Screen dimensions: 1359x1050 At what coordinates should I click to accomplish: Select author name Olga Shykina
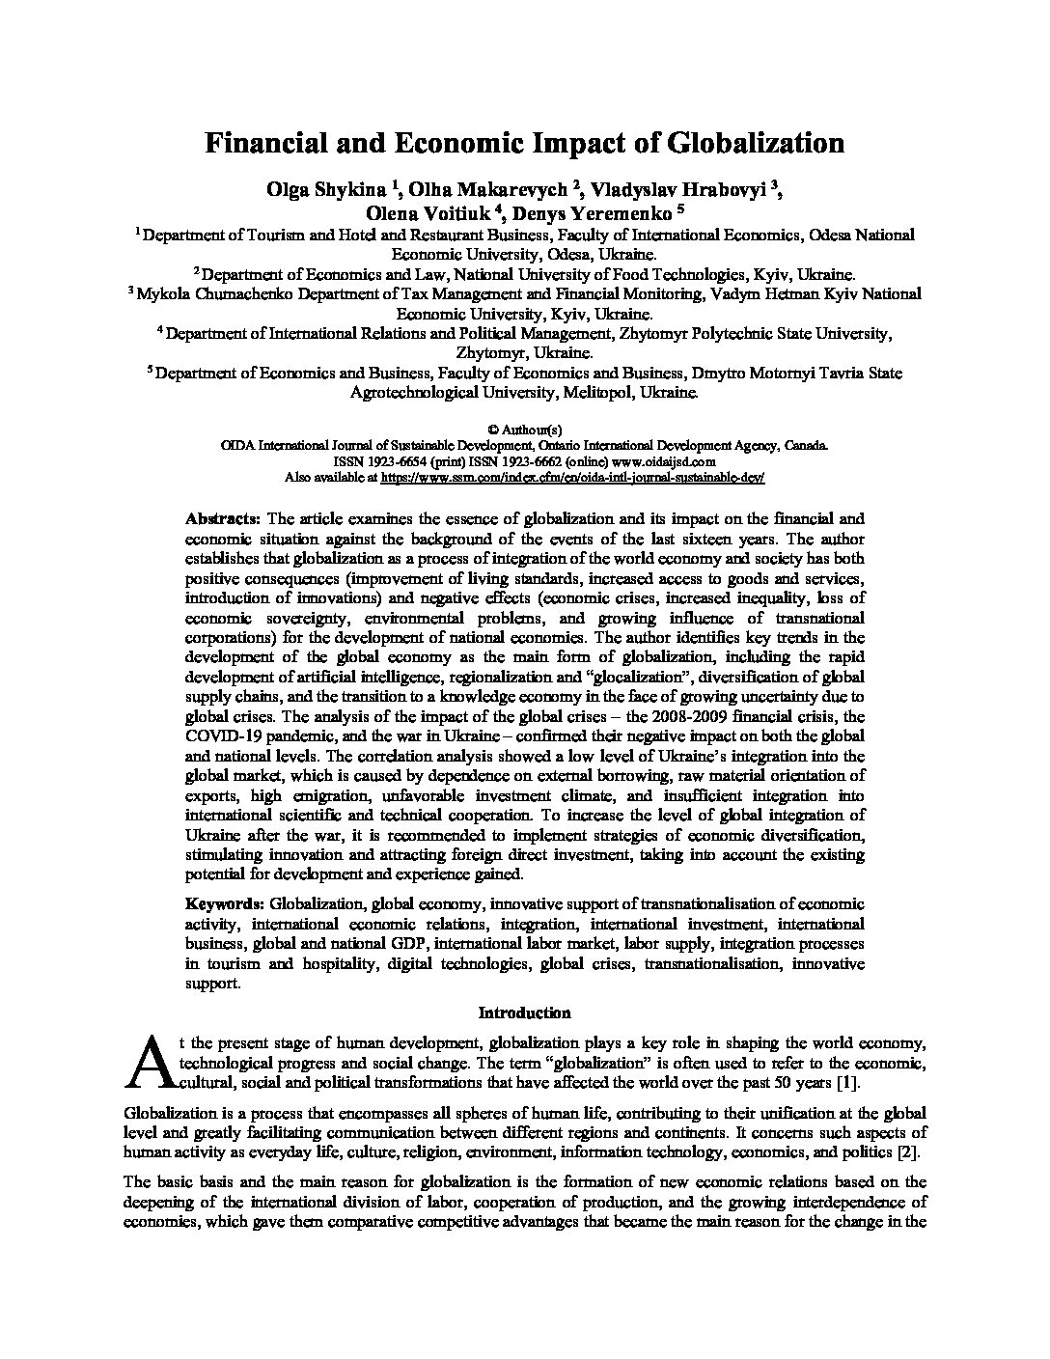pyautogui.click(x=322, y=189)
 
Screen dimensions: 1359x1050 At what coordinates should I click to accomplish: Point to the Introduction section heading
pyautogui.click(x=524, y=1012)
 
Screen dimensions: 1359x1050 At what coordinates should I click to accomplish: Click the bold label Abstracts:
pyautogui.click(x=222, y=518)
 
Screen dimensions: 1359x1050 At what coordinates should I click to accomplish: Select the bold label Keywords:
pyautogui.click(x=225, y=903)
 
